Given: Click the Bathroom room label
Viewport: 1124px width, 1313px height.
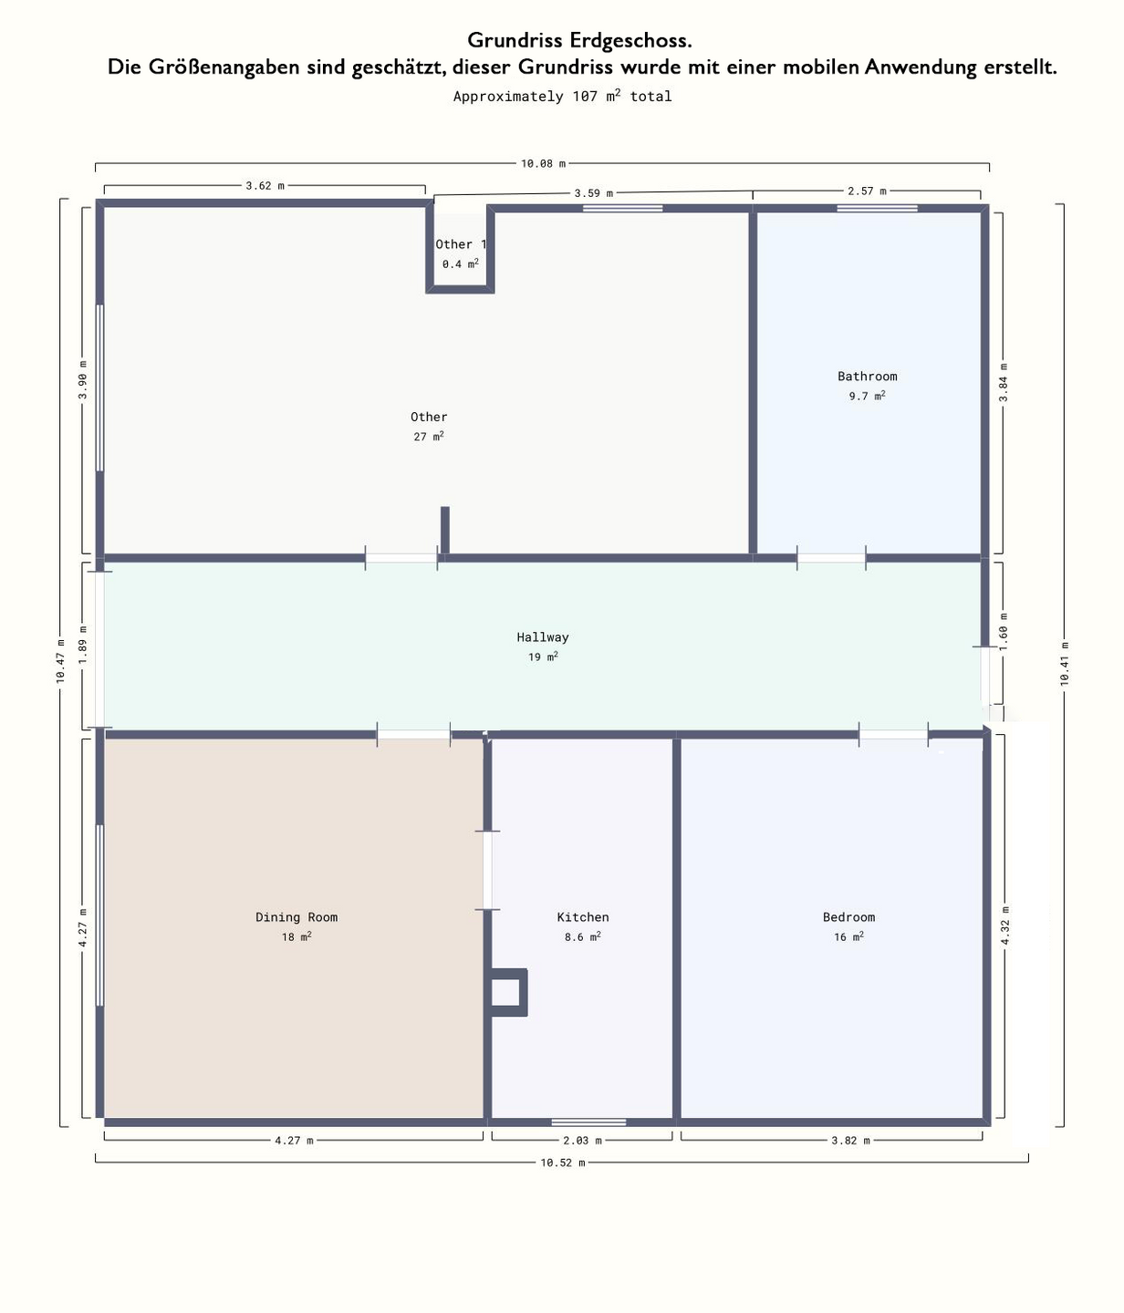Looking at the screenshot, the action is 867,376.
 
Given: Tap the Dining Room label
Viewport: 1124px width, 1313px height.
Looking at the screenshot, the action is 297,916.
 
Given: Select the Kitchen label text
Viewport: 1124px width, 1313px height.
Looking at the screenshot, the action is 582,916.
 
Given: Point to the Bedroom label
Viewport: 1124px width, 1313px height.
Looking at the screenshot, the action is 848,916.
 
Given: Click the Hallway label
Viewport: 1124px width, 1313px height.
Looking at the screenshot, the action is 542,637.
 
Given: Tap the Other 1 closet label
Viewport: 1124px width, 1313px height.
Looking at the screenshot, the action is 461,244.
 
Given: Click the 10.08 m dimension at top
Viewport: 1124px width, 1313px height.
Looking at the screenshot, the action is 543,163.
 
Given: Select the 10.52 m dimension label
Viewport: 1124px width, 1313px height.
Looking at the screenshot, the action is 563,1163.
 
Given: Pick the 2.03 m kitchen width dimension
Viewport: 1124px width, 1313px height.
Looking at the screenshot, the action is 582,1141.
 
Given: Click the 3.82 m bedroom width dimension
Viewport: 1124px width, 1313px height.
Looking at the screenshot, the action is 850,1141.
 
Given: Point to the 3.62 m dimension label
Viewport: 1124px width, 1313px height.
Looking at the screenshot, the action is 265,185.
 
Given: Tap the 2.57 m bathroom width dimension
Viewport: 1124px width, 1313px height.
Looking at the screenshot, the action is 867,191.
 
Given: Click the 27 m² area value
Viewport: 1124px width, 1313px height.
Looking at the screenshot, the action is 429,436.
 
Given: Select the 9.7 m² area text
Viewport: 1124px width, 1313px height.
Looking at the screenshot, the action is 867,395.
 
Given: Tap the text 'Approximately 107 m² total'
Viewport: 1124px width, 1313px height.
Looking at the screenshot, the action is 562,96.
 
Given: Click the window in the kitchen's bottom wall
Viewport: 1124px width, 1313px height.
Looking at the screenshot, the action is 588,1122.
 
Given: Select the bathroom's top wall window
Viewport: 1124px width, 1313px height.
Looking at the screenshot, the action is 877,209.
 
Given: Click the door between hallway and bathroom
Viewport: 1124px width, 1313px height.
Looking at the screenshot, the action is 831,558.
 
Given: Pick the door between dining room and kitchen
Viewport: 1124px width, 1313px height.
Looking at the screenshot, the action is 487,870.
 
